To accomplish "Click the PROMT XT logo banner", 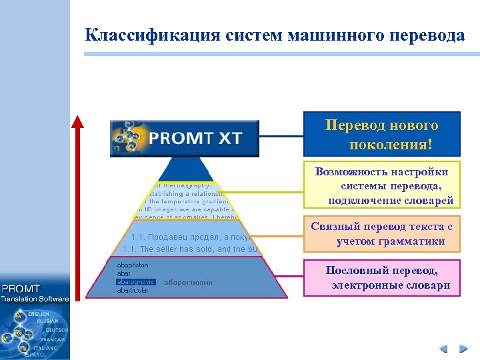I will tap(185, 138).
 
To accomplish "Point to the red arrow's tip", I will tap(78, 119).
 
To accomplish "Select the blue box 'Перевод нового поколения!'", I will tap(381, 135).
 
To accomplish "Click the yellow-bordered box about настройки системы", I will tap(381, 186).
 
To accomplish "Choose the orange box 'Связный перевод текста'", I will tap(381, 234).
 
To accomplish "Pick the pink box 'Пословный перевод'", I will tap(381, 278).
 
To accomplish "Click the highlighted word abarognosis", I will tap(135, 282).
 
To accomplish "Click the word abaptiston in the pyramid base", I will tap(133, 265).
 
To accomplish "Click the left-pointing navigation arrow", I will tap(443, 348).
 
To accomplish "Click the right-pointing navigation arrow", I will tap(462, 348).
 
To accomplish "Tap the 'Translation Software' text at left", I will tap(35, 299).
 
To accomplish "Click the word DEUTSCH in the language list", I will tap(57, 330).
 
